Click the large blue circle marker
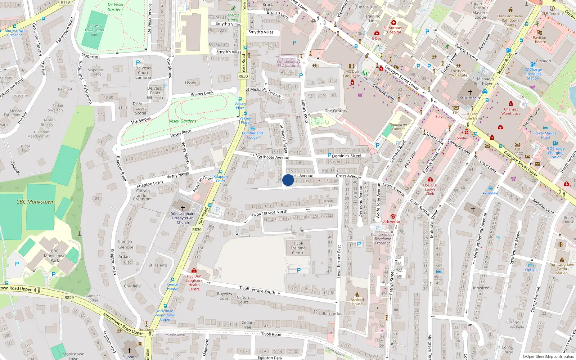click(x=288, y=180)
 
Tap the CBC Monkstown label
click(x=36, y=202)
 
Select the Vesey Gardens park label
click(x=183, y=121)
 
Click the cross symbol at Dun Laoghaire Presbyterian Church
click(x=183, y=208)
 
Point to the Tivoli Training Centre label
click(x=298, y=248)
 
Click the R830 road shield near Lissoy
click(x=243, y=76)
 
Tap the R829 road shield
click(x=69, y=298)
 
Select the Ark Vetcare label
click(x=393, y=222)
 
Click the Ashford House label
click(x=357, y=302)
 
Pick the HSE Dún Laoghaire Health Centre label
click(x=194, y=283)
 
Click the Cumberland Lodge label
click(x=252, y=135)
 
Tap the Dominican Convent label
click(x=398, y=127)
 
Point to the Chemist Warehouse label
click(x=511, y=111)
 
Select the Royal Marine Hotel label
click(x=545, y=135)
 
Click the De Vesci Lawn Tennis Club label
click(x=95, y=30)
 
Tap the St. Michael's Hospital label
click(x=394, y=30)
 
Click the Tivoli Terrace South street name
click(x=257, y=290)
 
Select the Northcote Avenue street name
click(x=272, y=157)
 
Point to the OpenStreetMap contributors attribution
click(x=548, y=356)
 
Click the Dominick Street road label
click(x=347, y=156)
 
